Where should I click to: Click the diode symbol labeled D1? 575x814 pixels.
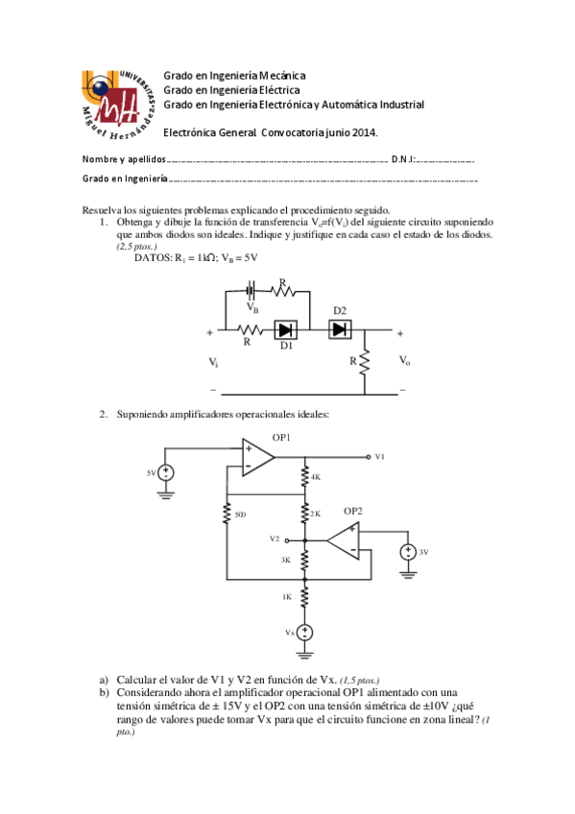[285, 329]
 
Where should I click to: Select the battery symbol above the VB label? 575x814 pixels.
[252, 290]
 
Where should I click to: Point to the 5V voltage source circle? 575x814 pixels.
[167, 473]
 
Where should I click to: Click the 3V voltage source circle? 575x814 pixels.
[408, 553]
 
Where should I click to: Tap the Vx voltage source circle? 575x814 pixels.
[304, 633]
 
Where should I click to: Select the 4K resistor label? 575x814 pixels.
[315, 476]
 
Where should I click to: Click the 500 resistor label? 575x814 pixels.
[240, 515]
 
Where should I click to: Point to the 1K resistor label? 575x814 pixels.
[286, 597]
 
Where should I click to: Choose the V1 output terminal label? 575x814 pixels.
[381, 456]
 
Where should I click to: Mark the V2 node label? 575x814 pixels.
[276, 539]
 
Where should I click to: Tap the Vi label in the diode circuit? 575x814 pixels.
[213, 362]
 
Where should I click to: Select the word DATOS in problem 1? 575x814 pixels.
[152, 258]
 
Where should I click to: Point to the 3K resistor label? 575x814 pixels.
[286, 559]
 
